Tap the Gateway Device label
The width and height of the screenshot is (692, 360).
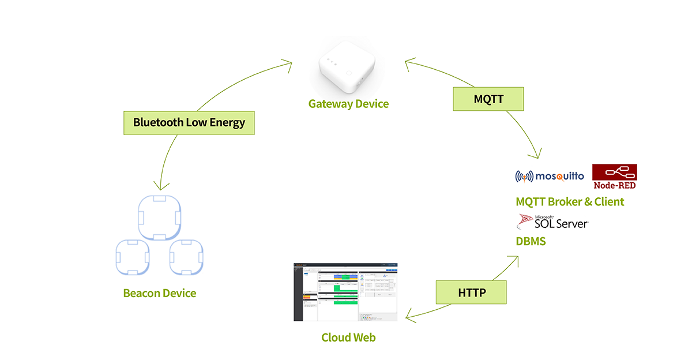[348, 104]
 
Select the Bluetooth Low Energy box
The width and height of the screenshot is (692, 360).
[189, 122]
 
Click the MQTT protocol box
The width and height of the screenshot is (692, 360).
[488, 99]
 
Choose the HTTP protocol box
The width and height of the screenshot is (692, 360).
[471, 292]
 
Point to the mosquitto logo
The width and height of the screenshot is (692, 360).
[550, 176]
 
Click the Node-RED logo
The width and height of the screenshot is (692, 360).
[615, 177]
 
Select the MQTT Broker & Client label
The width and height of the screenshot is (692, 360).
[570, 201]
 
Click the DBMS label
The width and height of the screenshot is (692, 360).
[531, 241]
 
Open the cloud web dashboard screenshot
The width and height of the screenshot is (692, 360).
[345, 292]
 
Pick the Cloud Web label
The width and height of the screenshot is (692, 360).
[348, 337]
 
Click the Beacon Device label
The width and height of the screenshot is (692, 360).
[160, 293]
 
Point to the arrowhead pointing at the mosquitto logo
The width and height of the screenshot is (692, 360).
[537, 155]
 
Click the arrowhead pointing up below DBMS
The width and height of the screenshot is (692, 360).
[514, 260]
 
